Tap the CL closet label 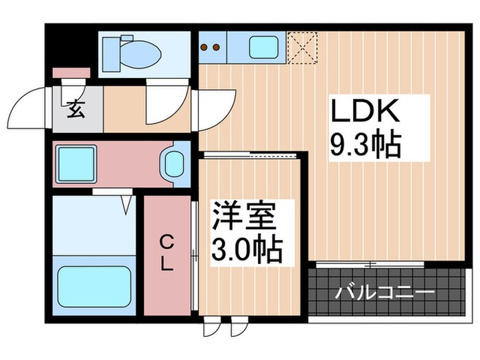point(167,254)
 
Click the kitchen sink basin point(261,47)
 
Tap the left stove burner point(204,47)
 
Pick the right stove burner point(215,47)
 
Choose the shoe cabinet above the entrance point(71,72)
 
